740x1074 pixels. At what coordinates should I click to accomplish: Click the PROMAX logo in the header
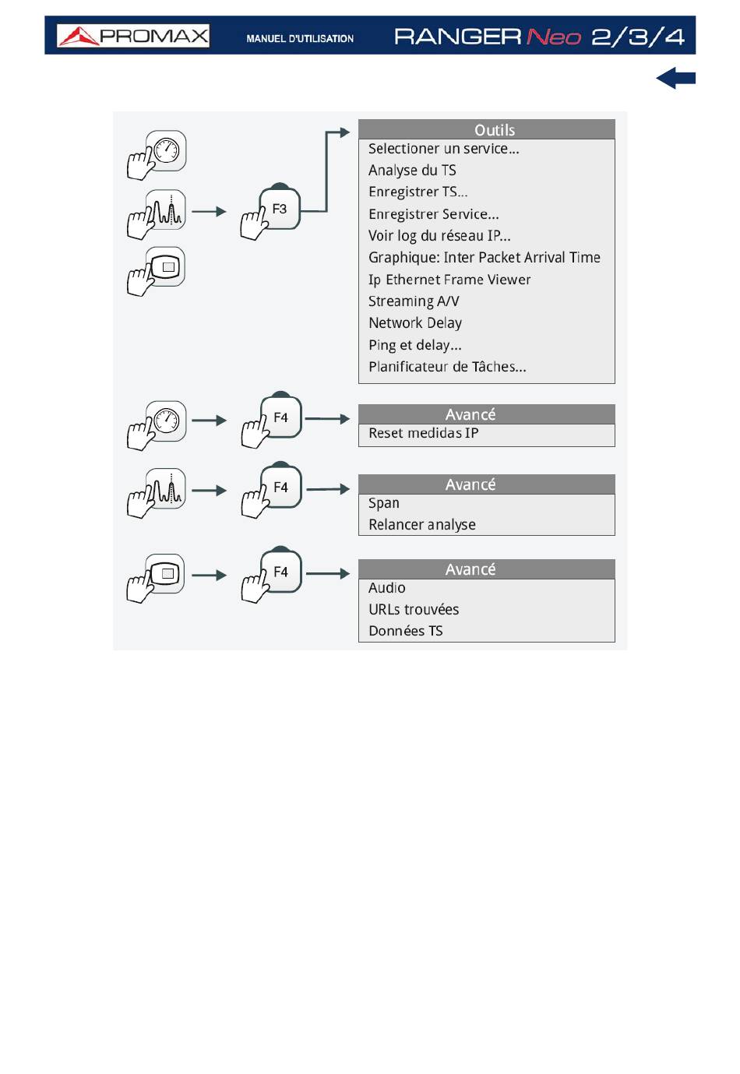(133, 36)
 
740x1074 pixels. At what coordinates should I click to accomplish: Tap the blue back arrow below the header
(675, 78)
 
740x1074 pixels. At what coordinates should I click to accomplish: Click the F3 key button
(279, 209)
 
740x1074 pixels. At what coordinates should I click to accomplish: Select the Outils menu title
(495, 130)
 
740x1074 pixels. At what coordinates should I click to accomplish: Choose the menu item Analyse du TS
(412, 171)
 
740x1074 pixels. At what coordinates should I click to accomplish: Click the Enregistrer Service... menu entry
(434, 214)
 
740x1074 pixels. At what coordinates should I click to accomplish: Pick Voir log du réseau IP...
(439, 235)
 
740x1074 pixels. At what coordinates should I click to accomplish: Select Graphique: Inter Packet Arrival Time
(485, 258)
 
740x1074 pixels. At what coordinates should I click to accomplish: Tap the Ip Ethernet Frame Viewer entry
(449, 280)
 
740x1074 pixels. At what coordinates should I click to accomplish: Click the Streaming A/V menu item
(414, 301)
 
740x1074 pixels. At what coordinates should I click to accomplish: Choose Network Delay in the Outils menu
(415, 322)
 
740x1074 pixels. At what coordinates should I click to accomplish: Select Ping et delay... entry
(415, 345)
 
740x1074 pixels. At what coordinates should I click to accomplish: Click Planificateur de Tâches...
(447, 367)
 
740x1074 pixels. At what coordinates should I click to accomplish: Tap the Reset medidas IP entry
(424, 433)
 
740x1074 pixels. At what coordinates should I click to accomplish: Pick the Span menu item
(384, 503)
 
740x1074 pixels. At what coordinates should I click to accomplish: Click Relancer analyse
(422, 524)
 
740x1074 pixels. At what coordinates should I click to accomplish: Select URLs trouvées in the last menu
(414, 609)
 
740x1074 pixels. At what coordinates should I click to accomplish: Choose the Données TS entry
(405, 631)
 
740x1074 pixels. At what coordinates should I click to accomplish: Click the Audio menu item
(386, 588)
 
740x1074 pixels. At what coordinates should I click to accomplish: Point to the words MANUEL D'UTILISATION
(300, 38)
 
